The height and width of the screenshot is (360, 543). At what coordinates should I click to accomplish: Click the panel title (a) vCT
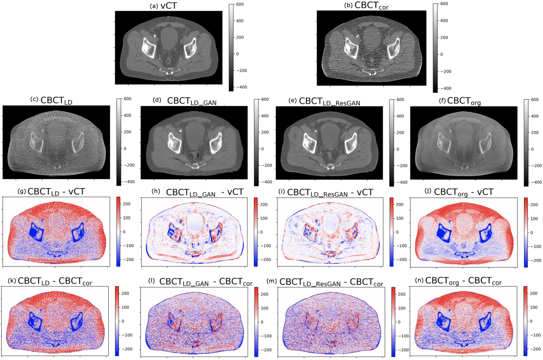point(163,6)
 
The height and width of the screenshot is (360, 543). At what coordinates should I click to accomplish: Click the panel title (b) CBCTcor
point(366,5)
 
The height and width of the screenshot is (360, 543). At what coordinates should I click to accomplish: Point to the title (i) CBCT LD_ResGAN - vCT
point(330,192)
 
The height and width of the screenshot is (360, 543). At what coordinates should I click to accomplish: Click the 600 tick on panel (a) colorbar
point(240,4)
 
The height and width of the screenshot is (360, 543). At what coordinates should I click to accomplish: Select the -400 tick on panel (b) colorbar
point(445,88)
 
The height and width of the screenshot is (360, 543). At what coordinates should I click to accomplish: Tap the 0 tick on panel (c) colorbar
point(125,148)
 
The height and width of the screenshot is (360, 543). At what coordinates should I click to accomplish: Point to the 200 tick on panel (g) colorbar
point(126,204)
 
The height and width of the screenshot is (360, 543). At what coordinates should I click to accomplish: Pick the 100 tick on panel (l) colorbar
point(264,308)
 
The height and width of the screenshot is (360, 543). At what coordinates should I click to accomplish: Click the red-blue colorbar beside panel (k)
point(117,321)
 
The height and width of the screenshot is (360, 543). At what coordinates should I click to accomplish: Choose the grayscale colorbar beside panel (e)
point(391,142)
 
